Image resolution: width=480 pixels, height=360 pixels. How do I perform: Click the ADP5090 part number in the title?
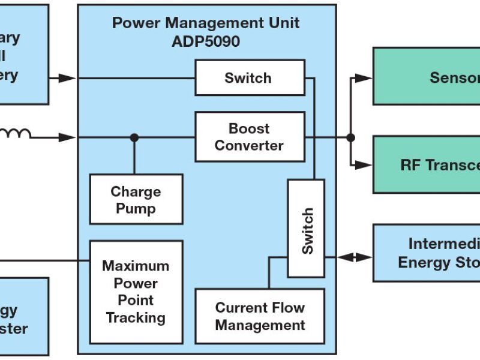(x=206, y=41)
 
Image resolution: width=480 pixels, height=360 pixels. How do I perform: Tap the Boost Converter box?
(x=249, y=137)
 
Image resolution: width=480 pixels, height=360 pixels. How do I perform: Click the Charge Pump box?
(x=136, y=200)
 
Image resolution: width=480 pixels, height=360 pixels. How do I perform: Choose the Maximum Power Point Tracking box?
(x=136, y=292)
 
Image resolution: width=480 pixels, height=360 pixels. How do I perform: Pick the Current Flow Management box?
(x=260, y=317)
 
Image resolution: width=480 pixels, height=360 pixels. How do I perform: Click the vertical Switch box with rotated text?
(x=306, y=229)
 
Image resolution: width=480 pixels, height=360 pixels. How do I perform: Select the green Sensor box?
(x=426, y=76)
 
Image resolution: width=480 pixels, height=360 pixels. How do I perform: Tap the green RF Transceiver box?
(x=426, y=164)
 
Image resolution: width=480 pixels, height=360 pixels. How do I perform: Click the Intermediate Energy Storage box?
(x=426, y=253)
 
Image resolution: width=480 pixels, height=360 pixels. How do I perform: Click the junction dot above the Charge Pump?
(x=134, y=137)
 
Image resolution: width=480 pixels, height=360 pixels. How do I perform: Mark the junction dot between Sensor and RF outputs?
(x=351, y=137)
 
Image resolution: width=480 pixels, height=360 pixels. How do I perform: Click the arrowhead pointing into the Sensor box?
(x=364, y=78)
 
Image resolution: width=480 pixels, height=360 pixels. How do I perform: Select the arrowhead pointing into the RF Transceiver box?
(x=364, y=164)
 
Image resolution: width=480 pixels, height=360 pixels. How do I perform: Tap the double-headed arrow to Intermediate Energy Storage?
(x=355, y=257)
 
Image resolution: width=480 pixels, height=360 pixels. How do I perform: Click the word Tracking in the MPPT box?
(x=136, y=317)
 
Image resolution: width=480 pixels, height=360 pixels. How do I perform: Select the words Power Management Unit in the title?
(x=206, y=23)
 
